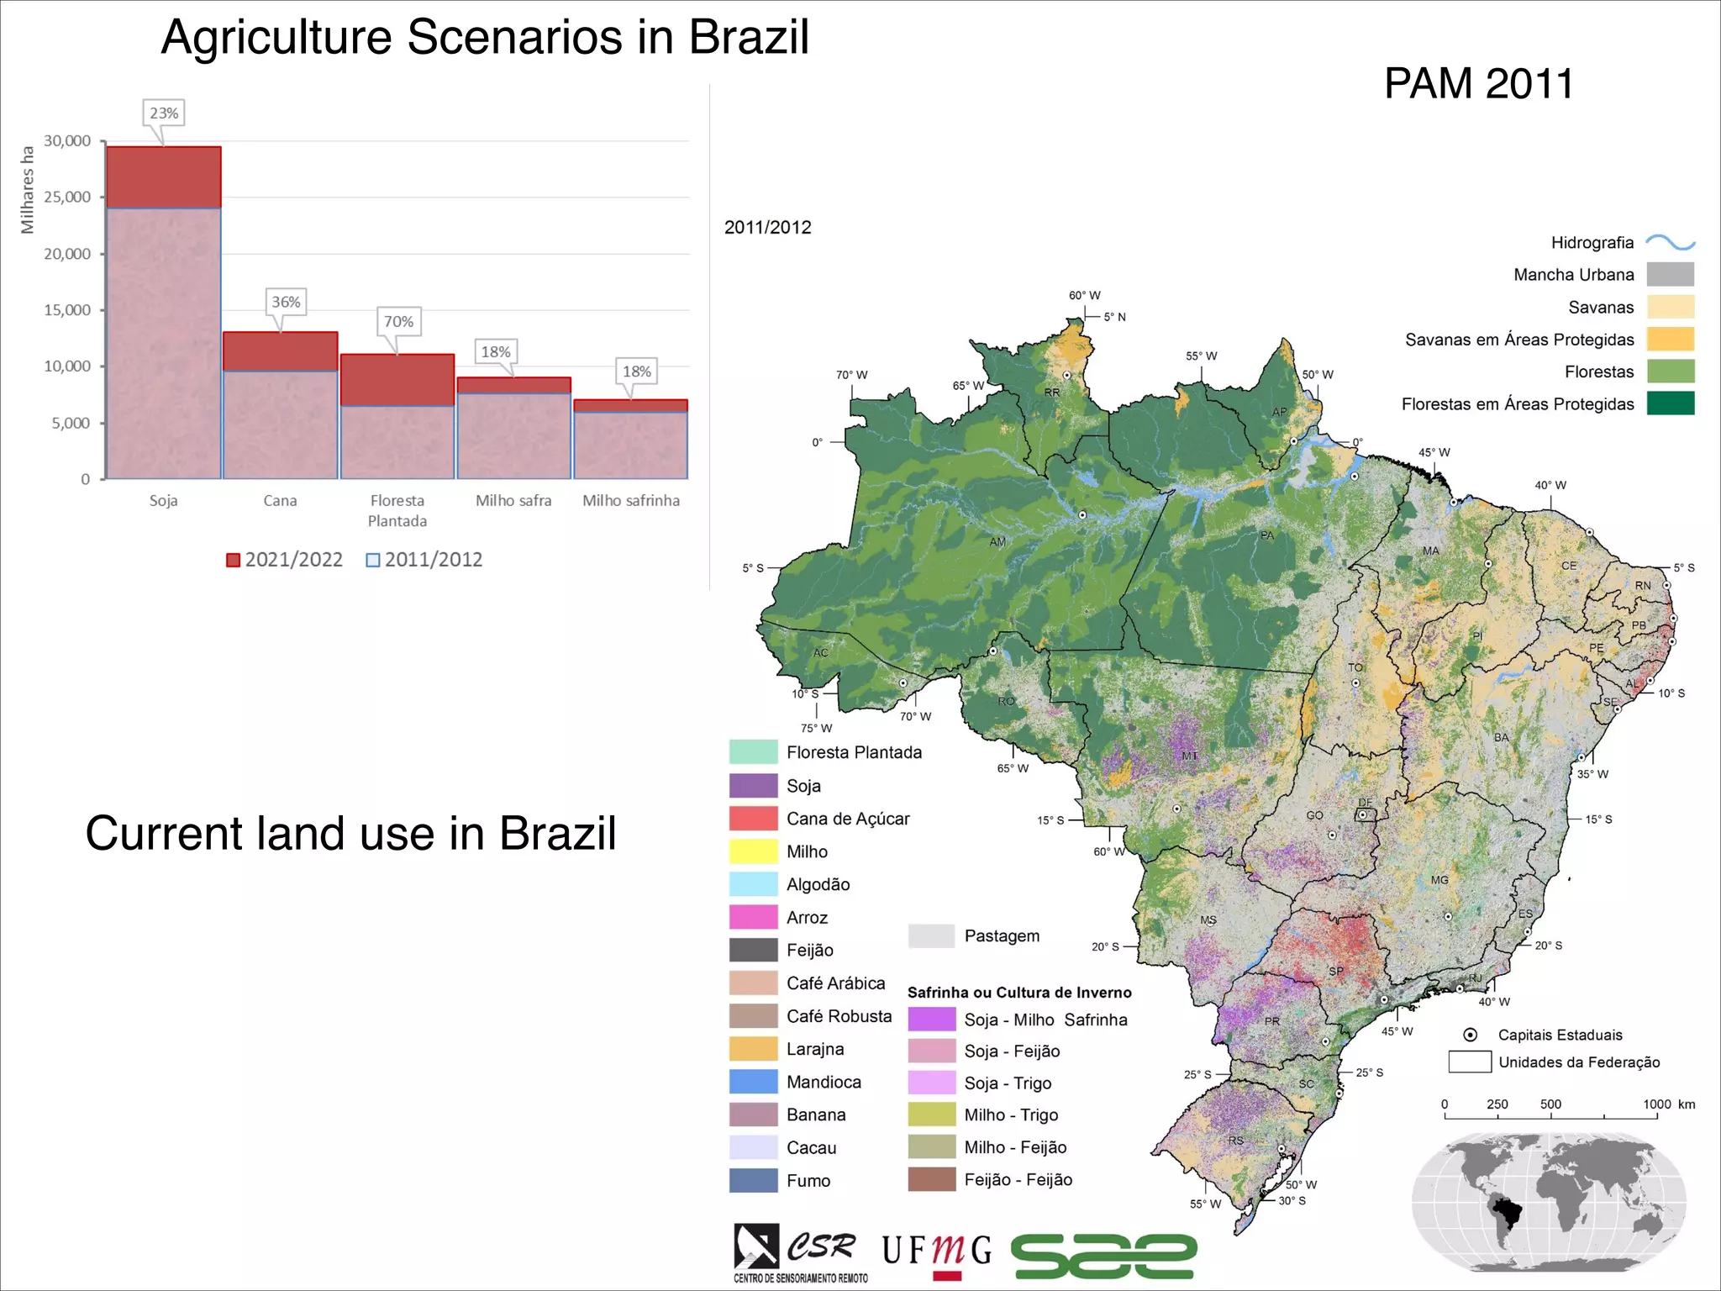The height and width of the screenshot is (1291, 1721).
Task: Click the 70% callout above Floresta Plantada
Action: point(398,321)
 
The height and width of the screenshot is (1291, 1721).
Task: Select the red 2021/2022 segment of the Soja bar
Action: point(164,177)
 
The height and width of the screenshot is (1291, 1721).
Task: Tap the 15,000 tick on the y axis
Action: point(67,310)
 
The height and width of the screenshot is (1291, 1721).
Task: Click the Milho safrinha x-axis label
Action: point(631,501)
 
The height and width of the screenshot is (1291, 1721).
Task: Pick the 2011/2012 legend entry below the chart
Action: point(424,560)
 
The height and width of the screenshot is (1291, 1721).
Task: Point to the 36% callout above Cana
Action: point(286,302)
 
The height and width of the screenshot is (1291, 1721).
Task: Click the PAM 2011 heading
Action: point(1478,84)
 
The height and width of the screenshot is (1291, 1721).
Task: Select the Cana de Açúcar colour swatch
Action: point(753,819)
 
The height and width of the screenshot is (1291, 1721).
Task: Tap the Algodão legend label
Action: point(818,884)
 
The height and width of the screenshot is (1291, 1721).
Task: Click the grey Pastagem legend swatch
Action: point(931,935)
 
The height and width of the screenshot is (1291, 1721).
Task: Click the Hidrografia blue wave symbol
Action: point(1670,243)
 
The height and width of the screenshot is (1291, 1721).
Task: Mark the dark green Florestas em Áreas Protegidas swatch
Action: point(1670,403)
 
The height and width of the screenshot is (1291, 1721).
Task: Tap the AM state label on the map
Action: point(997,542)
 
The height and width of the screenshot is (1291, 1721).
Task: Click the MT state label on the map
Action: point(1190,756)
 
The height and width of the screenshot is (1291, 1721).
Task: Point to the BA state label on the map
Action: point(1502,738)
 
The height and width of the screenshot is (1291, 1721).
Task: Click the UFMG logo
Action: point(936,1253)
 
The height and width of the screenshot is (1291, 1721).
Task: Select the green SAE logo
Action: point(1103,1256)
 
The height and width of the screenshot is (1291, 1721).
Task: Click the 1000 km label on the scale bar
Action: point(1668,1104)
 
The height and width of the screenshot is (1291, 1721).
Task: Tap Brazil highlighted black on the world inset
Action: point(1507,1212)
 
